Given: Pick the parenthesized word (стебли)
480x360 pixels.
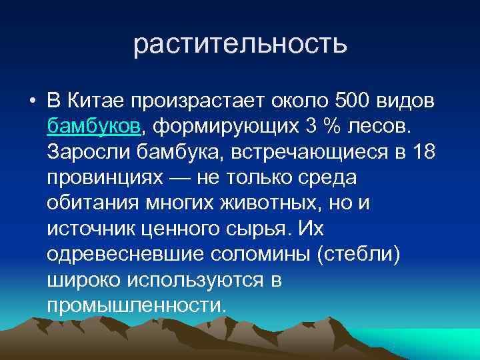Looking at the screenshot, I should (351, 254).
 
